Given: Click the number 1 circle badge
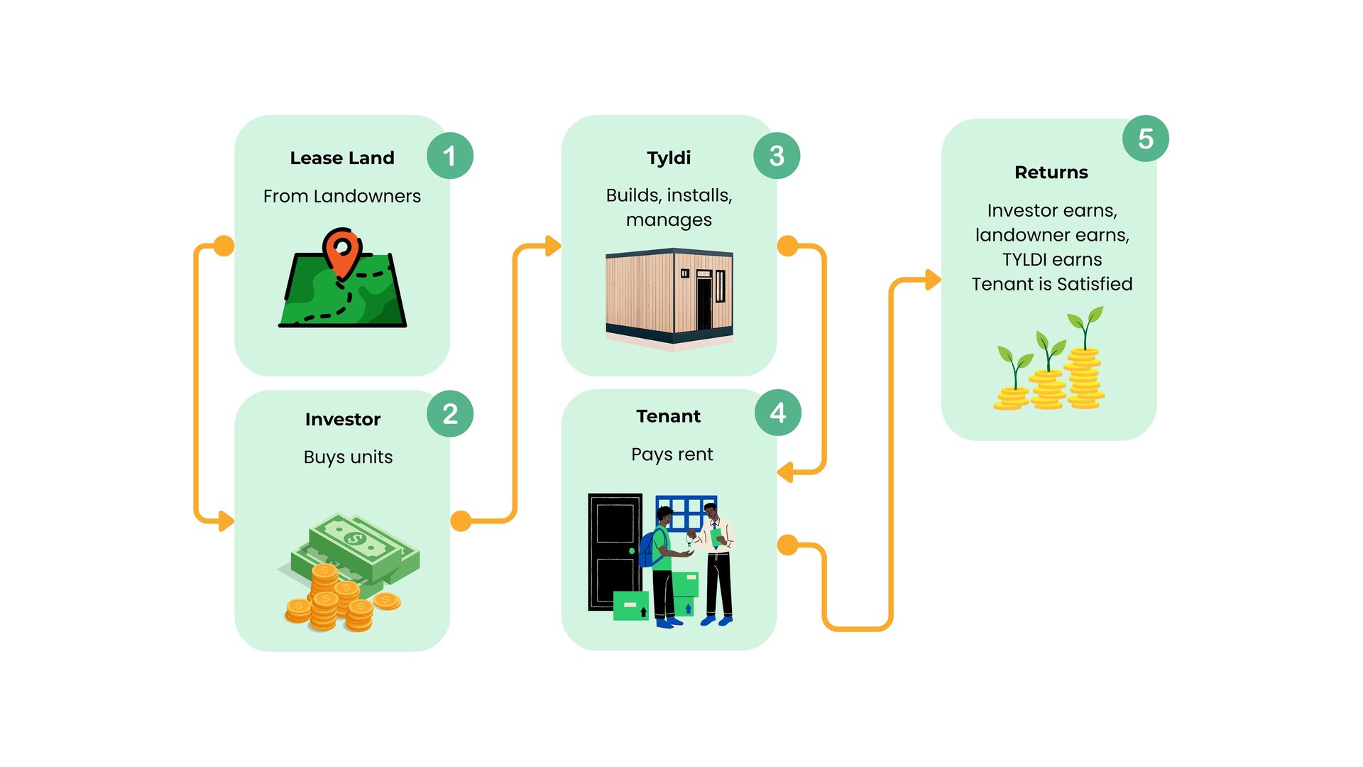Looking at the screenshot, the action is [x=450, y=156].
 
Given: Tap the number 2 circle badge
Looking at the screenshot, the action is [x=450, y=413].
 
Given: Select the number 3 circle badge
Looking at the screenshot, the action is [x=777, y=156].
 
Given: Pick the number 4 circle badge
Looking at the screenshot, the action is [x=778, y=413].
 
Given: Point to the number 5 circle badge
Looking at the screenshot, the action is [x=1146, y=138].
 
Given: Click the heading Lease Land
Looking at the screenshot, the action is [x=342, y=158].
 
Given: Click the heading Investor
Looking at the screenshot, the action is [x=343, y=419].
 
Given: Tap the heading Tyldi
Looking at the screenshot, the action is [x=669, y=158].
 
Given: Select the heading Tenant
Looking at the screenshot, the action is [x=669, y=416].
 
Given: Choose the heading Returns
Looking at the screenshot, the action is [x=1051, y=173].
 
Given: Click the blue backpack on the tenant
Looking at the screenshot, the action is [x=650, y=548].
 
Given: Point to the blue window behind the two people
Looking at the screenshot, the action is [x=686, y=513].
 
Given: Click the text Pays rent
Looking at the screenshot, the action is [x=672, y=455].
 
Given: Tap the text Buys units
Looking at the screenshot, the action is [x=348, y=457].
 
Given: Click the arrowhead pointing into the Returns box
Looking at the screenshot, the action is [x=934, y=280].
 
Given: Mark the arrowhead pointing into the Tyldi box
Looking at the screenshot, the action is [x=554, y=246].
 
